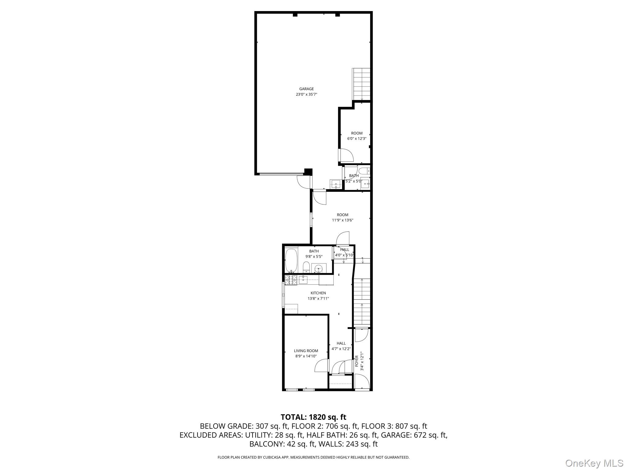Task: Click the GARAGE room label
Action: pyautogui.click(x=306, y=89)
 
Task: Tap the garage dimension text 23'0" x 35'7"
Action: pyautogui.click(x=306, y=95)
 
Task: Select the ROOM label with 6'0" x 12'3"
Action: pyautogui.click(x=357, y=133)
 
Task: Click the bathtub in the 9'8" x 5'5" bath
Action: pyautogui.click(x=291, y=260)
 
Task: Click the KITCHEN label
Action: pyautogui.click(x=318, y=293)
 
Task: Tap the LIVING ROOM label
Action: pyautogui.click(x=306, y=351)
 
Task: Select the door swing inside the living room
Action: pyautogui.click(x=321, y=366)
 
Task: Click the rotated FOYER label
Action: pyautogui.click(x=357, y=361)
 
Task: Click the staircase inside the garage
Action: pyautogui.click(x=362, y=84)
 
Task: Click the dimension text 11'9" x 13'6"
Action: pyautogui.click(x=343, y=220)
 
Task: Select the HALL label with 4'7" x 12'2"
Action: pyautogui.click(x=341, y=343)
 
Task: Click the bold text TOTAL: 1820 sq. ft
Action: pyautogui.click(x=313, y=417)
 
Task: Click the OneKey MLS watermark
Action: pyautogui.click(x=594, y=463)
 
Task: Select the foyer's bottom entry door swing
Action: pyautogui.click(x=362, y=382)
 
